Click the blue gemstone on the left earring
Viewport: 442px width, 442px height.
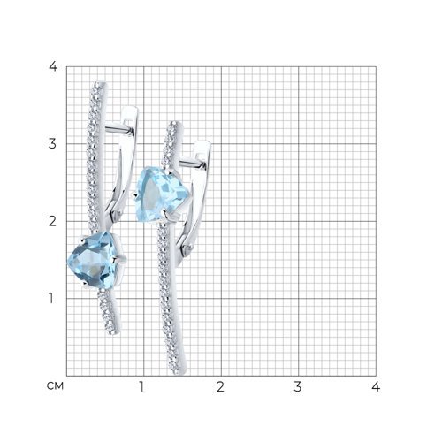pyautogui.click(x=95, y=260)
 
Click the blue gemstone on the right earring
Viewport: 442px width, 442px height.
pyautogui.click(x=161, y=194)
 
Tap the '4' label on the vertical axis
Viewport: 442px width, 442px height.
pyautogui.click(x=53, y=66)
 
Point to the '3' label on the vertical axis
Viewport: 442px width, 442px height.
pyautogui.click(x=52, y=144)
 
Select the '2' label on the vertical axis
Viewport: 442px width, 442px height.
pyautogui.click(x=52, y=221)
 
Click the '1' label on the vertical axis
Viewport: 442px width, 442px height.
pyautogui.click(x=51, y=298)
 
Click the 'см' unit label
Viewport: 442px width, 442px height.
pyautogui.click(x=55, y=386)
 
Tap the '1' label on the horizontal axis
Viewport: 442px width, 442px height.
pyautogui.click(x=142, y=386)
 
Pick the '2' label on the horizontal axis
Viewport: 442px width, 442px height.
pyautogui.click(x=220, y=386)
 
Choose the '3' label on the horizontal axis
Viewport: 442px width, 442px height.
pyautogui.click(x=298, y=386)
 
